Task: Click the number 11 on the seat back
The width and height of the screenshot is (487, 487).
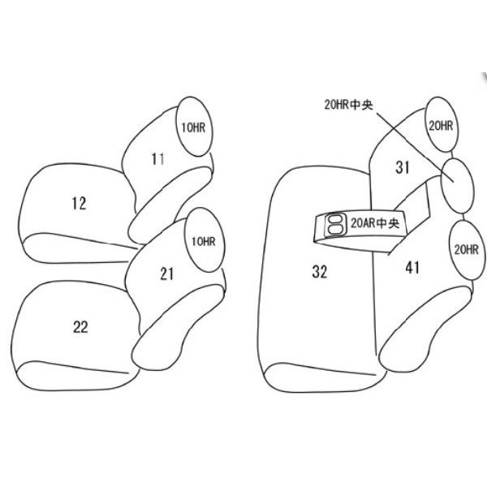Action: click(157, 159)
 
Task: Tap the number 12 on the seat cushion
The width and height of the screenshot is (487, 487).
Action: click(79, 204)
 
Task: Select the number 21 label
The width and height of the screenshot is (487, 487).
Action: click(166, 274)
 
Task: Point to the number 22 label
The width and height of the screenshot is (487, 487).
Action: click(80, 327)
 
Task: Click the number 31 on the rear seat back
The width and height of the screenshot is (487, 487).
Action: click(403, 167)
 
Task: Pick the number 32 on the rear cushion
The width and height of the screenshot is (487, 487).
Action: click(320, 272)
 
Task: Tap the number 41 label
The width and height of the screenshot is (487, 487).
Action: click(412, 267)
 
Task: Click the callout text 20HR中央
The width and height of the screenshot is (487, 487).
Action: click(348, 105)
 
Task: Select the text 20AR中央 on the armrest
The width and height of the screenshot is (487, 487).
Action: click(375, 223)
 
